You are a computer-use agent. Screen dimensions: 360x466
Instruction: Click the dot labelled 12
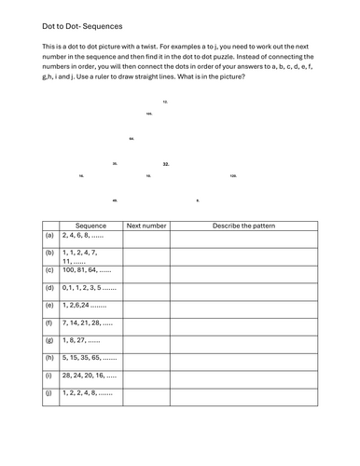[165, 101]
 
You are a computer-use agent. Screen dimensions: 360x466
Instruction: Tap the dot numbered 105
[149, 114]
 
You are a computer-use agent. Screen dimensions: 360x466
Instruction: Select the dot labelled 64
[132, 139]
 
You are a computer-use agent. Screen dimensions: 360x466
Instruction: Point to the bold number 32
[166, 164]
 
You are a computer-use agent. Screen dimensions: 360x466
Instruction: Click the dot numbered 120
[233, 175]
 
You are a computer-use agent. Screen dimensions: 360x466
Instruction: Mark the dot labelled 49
[115, 200]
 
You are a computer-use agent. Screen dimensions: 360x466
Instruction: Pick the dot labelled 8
[198, 200]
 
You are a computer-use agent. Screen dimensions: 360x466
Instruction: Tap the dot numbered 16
[81, 175]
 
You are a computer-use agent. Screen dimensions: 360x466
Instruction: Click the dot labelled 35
[115, 163]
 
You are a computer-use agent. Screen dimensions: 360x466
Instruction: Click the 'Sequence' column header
[90, 226]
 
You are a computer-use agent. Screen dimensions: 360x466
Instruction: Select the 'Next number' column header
[146, 226]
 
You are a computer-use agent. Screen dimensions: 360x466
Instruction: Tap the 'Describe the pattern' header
[244, 226]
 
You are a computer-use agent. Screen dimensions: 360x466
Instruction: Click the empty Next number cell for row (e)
[146, 305]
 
